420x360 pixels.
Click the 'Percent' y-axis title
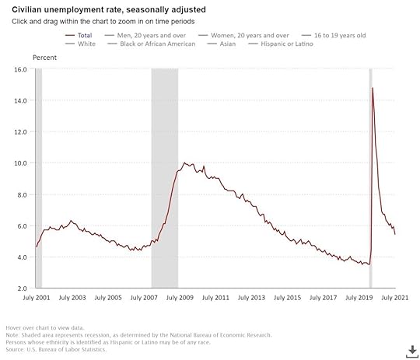[x=44, y=58]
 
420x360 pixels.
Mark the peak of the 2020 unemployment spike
[x=373, y=88]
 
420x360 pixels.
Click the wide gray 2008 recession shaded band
[x=164, y=179]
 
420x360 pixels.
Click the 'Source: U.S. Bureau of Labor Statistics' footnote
[x=56, y=349]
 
